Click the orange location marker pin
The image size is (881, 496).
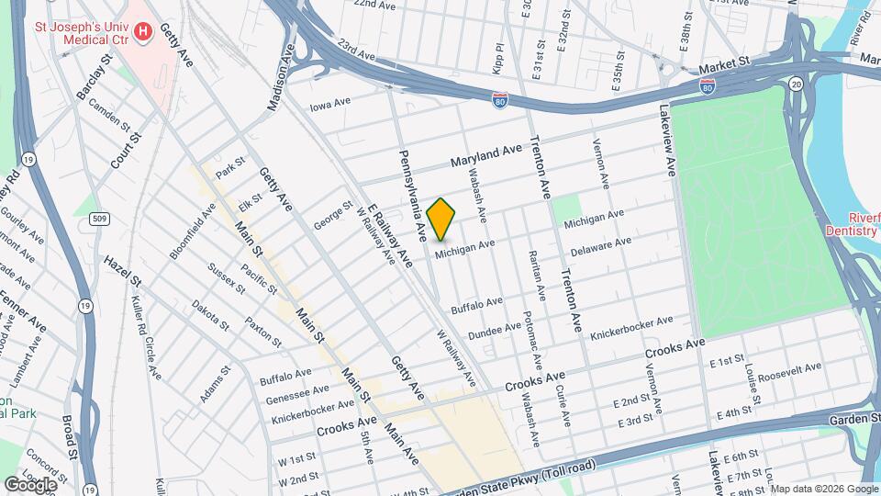(441, 219)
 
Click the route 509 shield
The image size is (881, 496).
(100, 220)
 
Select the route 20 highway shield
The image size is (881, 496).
(796, 84)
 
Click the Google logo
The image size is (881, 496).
(30, 484)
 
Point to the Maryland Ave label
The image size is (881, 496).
(485, 156)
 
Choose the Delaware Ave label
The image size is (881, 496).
(600, 246)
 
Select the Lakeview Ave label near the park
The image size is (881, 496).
(666, 139)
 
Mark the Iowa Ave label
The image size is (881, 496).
(330, 105)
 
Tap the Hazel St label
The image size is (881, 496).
(122, 270)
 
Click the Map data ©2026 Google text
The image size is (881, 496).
(824, 489)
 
